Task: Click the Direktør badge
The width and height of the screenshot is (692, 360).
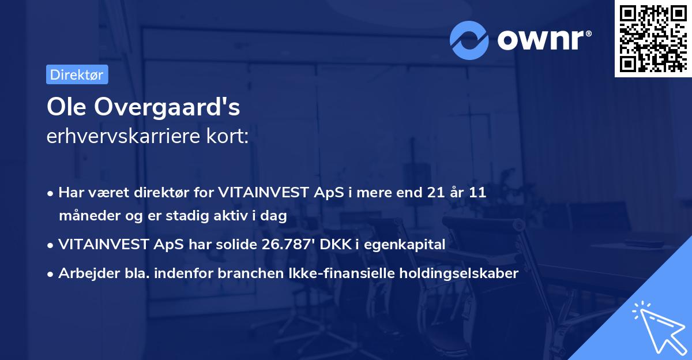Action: [x=77, y=74]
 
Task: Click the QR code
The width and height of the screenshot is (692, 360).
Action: [x=652, y=37]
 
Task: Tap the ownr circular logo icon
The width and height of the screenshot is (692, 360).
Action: [x=469, y=40]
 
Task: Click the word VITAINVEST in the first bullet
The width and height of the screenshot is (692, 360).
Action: [x=264, y=193]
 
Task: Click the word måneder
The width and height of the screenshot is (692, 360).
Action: [x=85, y=216]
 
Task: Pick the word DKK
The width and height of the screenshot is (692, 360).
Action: [x=338, y=245]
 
